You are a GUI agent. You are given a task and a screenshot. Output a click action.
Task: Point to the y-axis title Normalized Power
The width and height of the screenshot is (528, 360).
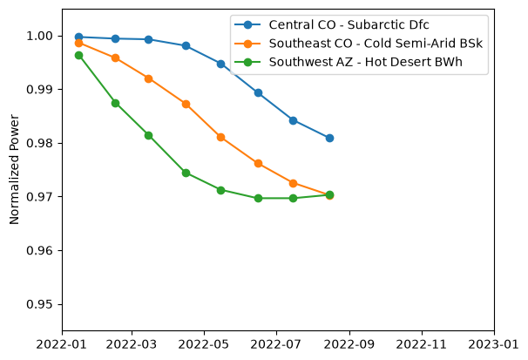(14, 169)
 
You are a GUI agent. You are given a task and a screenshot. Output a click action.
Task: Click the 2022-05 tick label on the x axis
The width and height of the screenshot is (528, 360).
(204, 344)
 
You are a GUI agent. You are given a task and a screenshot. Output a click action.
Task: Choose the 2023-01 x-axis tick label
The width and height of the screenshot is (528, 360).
(494, 344)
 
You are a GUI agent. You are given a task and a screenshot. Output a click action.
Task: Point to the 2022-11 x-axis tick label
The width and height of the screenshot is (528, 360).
(422, 344)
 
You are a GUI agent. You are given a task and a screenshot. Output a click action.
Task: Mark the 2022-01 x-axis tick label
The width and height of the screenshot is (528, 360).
(62, 344)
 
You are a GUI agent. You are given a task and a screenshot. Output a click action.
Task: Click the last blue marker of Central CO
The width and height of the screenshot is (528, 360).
(329, 138)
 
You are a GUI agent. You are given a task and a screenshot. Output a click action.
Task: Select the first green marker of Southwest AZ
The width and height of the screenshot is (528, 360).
(78, 55)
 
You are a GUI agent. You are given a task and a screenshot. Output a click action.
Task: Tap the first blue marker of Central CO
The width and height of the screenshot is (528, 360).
(78, 37)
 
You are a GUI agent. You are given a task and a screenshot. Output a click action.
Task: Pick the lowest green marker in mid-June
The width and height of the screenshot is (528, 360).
(258, 198)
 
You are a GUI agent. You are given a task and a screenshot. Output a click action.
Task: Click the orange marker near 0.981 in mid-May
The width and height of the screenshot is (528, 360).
(221, 137)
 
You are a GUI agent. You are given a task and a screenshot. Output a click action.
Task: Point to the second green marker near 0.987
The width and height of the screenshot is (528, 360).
(116, 103)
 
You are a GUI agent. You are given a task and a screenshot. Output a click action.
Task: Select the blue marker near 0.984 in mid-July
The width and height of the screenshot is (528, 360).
(293, 120)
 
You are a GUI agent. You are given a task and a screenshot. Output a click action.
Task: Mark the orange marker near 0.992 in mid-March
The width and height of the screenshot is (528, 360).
(148, 78)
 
